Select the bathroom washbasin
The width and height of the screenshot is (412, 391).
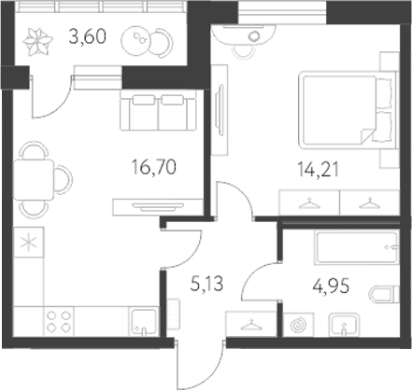[347, 327]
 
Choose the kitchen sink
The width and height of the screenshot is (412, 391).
[142, 322]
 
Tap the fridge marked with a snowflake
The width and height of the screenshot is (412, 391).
[28, 244]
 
